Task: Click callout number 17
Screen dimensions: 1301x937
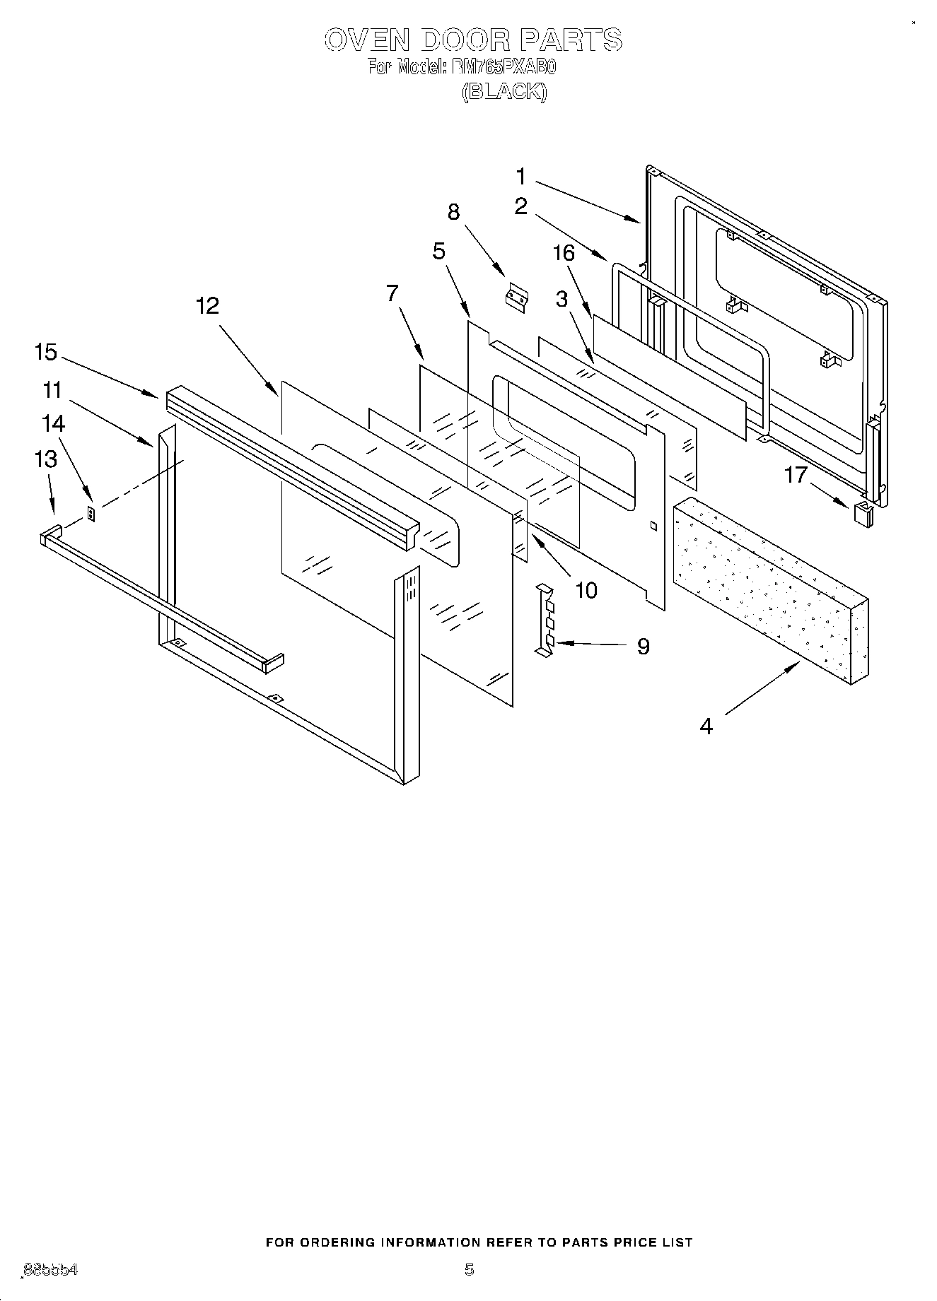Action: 796,474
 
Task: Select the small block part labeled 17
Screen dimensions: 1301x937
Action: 863,514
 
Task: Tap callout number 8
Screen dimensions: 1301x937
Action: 454,211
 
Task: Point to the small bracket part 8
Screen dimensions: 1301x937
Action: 516,298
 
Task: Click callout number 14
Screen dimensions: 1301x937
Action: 54,423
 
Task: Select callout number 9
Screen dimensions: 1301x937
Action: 643,646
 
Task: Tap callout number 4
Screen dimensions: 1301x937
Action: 706,725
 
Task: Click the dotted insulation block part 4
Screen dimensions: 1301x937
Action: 771,590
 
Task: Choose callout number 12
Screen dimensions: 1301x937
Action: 208,305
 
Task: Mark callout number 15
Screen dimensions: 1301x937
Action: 46,352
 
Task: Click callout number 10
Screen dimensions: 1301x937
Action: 586,589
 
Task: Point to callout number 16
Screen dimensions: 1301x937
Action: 564,252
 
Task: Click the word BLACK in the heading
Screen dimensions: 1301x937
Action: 504,92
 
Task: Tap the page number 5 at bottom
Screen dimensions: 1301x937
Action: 469,1269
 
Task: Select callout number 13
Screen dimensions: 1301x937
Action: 46,459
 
